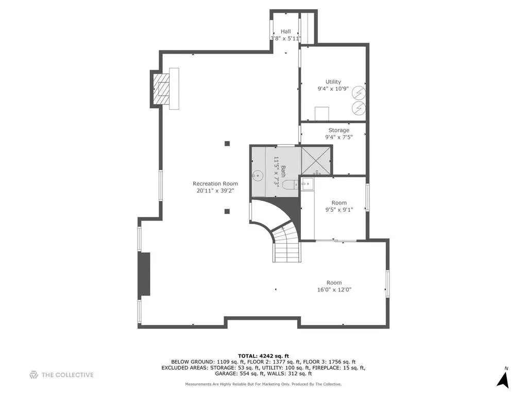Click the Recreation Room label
215,184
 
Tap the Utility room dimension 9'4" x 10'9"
333,89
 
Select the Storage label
339,130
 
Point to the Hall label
286,31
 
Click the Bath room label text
283,171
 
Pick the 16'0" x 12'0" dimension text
334,290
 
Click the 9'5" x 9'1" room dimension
339,210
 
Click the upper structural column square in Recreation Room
227,144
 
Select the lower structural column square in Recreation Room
227,212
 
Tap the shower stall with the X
316,161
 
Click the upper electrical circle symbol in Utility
359,93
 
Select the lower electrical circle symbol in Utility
359,108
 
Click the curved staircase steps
286,244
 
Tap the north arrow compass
503,380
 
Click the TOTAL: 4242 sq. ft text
264,356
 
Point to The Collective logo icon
33,375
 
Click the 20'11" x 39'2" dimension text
215,191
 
